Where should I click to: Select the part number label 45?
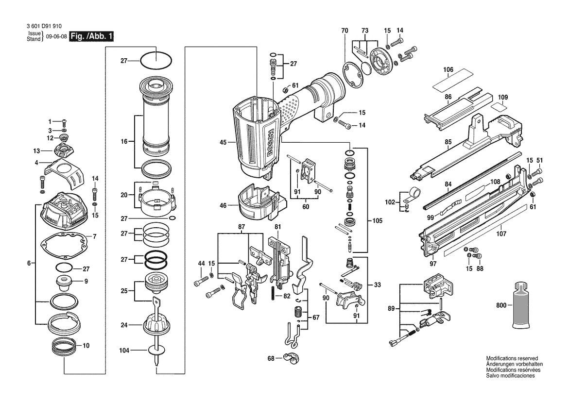(x=223, y=142)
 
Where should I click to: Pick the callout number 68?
(x=271, y=358)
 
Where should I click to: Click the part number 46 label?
(x=223, y=205)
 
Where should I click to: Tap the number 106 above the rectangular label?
(x=448, y=70)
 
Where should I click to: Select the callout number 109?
(x=503, y=97)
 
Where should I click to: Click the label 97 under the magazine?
(x=433, y=264)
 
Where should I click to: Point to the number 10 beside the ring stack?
(x=86, y=346)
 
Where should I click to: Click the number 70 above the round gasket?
(x=344, y=31)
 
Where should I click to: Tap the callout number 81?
(x=277, y=227)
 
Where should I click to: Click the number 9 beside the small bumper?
(x=86, y=281)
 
